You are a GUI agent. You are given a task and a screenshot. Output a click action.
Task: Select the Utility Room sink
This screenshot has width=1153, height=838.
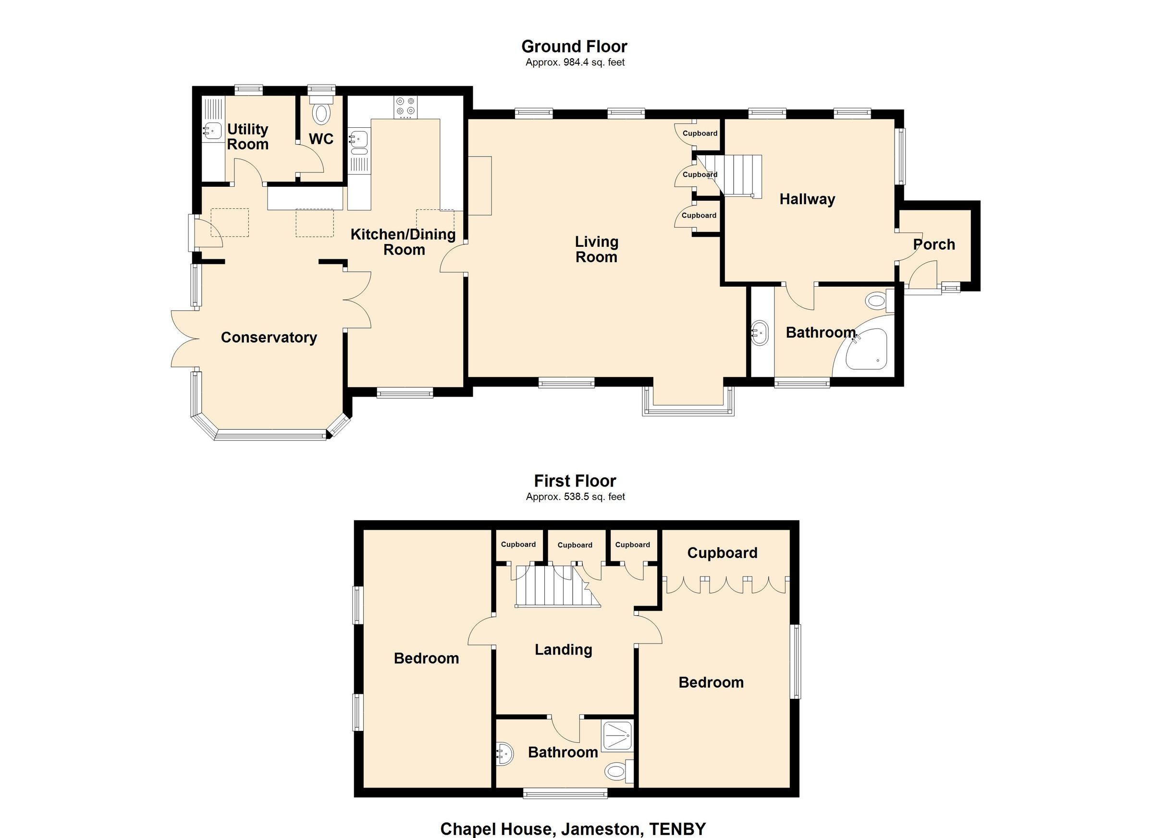pos(213,131)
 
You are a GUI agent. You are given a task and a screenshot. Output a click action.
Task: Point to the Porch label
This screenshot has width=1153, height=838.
pos(934,244)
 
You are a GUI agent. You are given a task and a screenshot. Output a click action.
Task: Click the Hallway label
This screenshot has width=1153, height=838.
pos(807,199)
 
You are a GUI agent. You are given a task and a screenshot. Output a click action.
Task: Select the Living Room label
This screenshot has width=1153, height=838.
pos(596,249)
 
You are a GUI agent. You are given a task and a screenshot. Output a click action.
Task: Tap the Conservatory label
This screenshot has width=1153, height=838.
pos(269,338)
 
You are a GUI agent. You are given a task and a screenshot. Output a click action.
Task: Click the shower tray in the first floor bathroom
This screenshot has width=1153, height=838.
pos(617,736)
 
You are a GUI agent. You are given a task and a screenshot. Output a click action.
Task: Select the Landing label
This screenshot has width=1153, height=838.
pos(563,649)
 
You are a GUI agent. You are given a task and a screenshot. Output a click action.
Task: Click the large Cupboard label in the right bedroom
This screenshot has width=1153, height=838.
pos(722,553)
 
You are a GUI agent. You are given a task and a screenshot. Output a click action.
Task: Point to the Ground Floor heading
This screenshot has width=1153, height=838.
pos(574,47)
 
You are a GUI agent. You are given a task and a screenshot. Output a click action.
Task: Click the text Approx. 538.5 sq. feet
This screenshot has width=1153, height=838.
pos(575,497)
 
